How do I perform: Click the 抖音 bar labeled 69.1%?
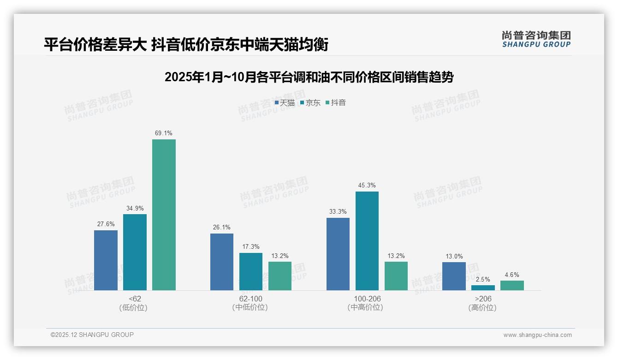tap(164, 215)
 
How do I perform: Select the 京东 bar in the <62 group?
tap(135, 252)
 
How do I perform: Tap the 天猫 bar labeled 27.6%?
tap(106, 260)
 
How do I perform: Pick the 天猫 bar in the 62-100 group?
tap(222, 262)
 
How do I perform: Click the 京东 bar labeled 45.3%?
tap(367, 241)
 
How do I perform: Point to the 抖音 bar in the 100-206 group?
tap(396, 276)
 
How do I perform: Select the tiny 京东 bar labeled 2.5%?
tap(483, 288)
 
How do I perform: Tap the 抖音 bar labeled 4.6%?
tap(512, 285)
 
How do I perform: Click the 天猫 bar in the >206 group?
tap(454, 276)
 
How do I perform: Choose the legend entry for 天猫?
tap(285, 102)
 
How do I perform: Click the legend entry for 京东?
tap(310, 102)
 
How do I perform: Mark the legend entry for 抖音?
tap(336, 102)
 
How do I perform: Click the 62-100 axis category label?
tap(250, 303)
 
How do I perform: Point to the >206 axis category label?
tap(482, 303)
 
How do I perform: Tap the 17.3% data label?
tap(251, 246)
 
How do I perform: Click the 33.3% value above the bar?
tap(338, 211)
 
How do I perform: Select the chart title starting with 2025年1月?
tap(309, 77)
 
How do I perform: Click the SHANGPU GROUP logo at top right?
tap(536, 39)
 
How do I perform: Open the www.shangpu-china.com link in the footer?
tap(537, 335)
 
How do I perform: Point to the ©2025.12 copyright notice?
tap(92, 335)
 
